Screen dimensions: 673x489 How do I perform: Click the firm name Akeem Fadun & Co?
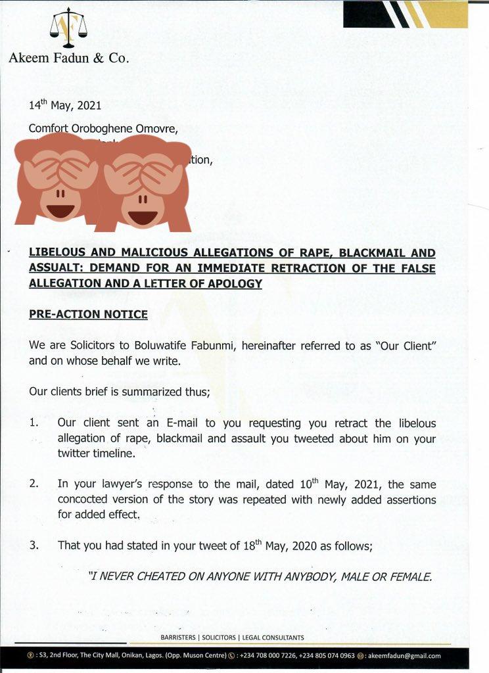69,58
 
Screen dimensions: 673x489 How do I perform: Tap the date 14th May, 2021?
64,105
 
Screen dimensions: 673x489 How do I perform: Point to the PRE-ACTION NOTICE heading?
88,314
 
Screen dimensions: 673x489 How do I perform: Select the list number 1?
34,423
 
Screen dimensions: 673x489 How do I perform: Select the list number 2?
34,484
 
